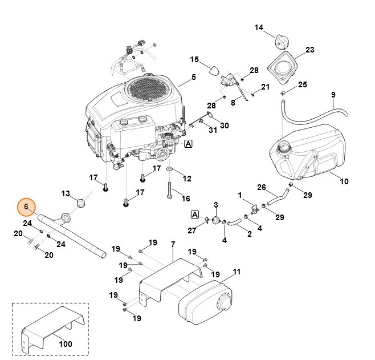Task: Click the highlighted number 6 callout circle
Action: click(26, 207)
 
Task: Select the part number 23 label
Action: click(309, 50)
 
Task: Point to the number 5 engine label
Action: click(193, 77)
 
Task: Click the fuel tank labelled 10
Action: click(308, 151)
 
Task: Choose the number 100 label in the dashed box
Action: click(66, 344)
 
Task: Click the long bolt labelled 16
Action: click(170, 192)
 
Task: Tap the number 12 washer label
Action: click(187, 179)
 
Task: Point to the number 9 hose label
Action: click(333, 95)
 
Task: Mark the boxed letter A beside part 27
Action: click(195, 215)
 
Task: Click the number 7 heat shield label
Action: click(173, 244)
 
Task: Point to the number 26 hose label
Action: click(262, 187)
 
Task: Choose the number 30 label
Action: click(224, 126)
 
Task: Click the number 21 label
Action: click(265, 87)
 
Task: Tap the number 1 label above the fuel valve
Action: click(241, 195)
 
